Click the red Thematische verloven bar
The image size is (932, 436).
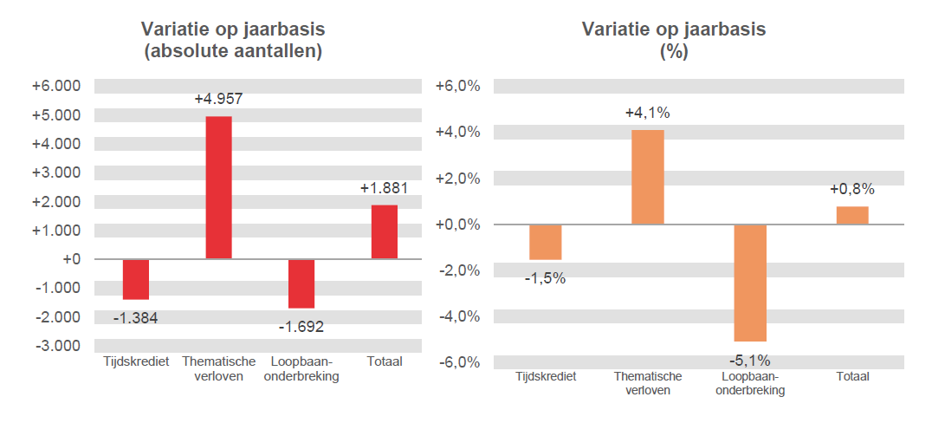(218, 187)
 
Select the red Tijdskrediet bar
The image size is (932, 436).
(135, 279)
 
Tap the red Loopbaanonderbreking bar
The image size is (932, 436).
(301, 283)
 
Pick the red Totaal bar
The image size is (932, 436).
(384, 231)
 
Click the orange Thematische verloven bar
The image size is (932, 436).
(647, 177)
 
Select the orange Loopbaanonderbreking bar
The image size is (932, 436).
(750, 283)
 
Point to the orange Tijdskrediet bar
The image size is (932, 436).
(545, 242)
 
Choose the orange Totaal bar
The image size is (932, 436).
(852, 215)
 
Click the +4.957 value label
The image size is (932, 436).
(218, 99)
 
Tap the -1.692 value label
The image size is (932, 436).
(301, 328)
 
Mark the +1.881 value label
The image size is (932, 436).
(384, 188)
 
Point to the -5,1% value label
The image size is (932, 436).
(750, 361)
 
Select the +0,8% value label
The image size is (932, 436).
(852, 189)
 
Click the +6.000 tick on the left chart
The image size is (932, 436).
(56, 86)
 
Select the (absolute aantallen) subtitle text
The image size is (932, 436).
(233, 51)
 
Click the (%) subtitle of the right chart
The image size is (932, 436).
(673, 51)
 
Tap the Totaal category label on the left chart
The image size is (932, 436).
(385, 361)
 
